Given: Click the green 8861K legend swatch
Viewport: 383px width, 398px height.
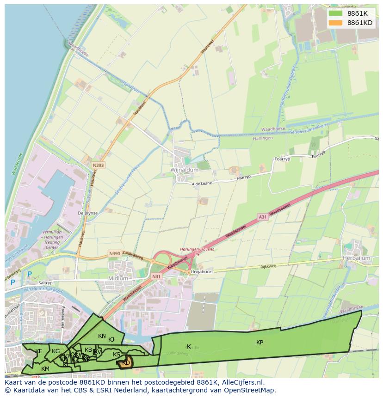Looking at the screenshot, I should [x=335, y=13].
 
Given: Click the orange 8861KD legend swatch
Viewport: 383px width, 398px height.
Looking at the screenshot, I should [x=335, y=23].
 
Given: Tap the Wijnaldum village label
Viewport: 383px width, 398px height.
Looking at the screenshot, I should [x=185, y=170].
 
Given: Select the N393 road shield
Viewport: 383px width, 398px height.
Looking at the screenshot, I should [x=98, y=165].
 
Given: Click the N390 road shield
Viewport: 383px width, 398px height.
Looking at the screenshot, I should [x=114, y=253].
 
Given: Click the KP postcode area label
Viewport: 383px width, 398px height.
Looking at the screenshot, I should [x=260, y=343].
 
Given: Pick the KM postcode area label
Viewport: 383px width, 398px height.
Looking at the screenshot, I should [x=45, y=368].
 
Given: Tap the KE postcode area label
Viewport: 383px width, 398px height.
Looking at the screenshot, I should [x=39, y=351].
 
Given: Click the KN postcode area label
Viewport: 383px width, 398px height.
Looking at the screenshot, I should [x=102, y=336].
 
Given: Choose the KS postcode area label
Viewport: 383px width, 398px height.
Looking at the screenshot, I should [x=117, y=355].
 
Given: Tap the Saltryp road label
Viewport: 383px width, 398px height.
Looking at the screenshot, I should [x=45, y=283].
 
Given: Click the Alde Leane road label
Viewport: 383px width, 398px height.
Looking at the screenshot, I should [x=202, y=184].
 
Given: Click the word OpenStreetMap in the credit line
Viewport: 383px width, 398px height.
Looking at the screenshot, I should [x=249, y=391].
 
